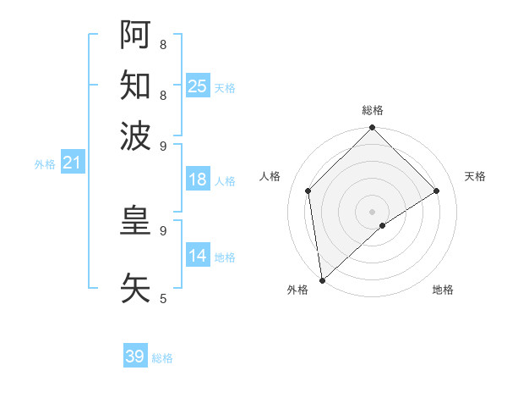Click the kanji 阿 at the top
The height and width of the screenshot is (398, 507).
136,35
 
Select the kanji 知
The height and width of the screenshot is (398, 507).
136,85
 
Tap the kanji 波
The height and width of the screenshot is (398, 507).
136,135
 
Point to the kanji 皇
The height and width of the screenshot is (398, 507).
136,222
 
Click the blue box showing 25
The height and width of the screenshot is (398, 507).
198,86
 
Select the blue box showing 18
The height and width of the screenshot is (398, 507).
198,180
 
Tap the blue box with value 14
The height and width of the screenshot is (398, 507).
198,256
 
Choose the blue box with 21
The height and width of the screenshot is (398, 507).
72,163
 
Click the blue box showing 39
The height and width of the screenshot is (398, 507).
135,357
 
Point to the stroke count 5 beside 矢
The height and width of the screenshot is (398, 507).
163,298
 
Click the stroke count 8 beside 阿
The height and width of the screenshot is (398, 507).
163,44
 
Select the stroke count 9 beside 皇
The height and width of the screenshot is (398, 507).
163,229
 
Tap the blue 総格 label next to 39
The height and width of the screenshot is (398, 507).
162,358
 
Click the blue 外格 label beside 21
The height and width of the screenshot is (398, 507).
44,164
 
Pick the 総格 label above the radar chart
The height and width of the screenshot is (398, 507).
372,110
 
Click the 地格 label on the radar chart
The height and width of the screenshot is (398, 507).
443,290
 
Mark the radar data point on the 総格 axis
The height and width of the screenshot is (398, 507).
372,129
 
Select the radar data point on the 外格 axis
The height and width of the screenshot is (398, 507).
322,279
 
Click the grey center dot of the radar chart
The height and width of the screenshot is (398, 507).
372,211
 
